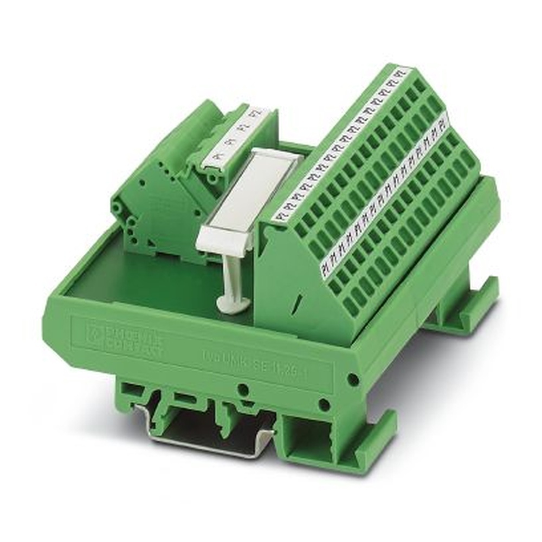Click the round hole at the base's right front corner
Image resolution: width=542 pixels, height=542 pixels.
[353, 380]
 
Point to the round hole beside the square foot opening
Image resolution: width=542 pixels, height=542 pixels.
[324, 404]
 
